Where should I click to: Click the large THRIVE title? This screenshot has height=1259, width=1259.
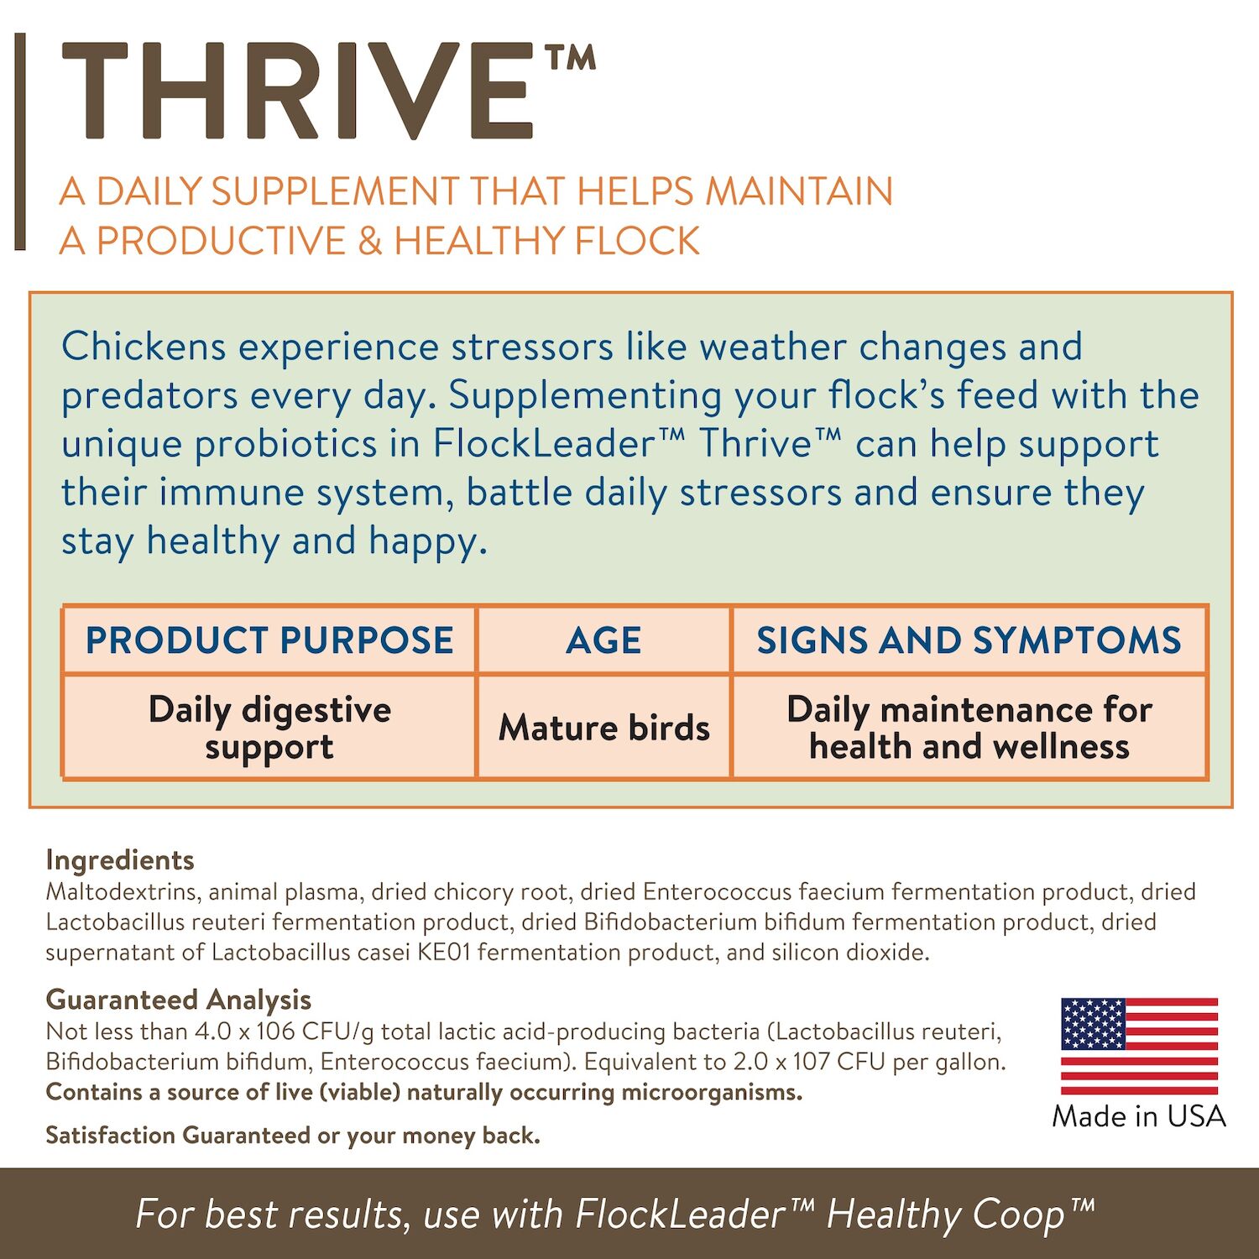[298, 91]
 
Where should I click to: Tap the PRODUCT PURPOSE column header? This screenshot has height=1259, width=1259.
[269, 640]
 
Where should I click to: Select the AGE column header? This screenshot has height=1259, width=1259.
[603, 641]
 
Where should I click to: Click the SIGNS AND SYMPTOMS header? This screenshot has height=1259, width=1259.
[969, 640]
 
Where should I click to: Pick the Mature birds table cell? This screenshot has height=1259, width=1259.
[603, 728]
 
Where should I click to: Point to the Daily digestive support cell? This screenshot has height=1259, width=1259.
[269, 728]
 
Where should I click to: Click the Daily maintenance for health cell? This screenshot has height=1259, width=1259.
[969, 728]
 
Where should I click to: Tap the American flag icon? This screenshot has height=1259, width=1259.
[1139, 1046]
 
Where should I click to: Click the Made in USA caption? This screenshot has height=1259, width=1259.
[1139, 1116]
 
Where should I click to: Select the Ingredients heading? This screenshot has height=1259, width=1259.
[120, 859]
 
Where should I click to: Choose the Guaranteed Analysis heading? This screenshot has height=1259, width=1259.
[178, 1000]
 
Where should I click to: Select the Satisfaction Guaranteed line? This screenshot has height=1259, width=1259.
[293, 1136]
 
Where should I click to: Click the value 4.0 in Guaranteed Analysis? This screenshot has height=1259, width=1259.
[213, 1031]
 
